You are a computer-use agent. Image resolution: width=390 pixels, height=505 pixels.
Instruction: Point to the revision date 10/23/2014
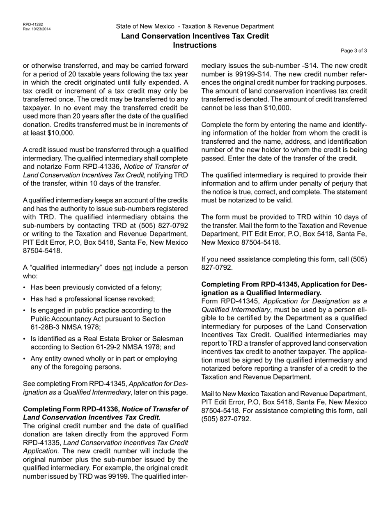pyautogui.click(x=41, y=29)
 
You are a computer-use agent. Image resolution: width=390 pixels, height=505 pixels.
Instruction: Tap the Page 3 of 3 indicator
pyautogui.click(x=354, y=51)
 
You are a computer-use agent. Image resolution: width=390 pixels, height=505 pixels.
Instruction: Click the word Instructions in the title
pyautogui.click(x=195, y=45)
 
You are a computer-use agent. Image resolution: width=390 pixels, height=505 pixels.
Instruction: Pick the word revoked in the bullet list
pyautogui.click(x=142, y=299)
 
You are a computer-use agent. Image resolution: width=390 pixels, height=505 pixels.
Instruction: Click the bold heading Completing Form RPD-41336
pyautogui.click(x=71, y=409)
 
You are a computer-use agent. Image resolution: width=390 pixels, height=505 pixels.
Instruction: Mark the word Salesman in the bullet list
pyautogui.click(x=166, y=339)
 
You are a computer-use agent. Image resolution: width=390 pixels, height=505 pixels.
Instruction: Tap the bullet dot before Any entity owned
pyautogui.click(x=25, y=359)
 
